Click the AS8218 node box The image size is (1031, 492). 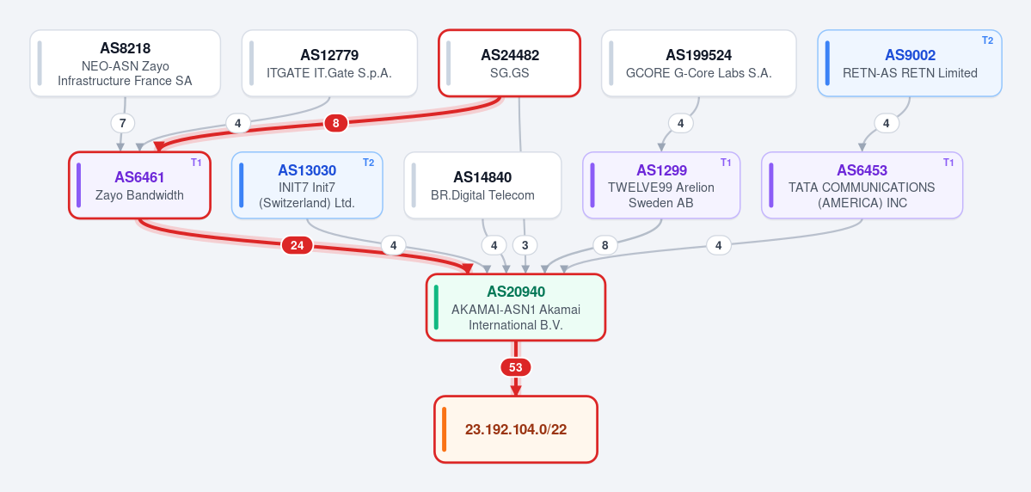coord(125,63)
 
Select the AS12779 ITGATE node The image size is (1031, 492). coord(329,63)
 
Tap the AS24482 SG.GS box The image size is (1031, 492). coord(510,63)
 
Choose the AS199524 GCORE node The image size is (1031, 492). coord(699,63)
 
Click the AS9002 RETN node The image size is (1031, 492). coord(910,63)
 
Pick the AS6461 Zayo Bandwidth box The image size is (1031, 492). coord(140,186)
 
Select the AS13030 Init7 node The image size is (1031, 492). coord(307,186)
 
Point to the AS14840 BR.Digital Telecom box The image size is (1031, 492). coord(482,186)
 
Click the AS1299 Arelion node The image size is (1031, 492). coord(661,186)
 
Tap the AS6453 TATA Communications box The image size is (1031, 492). coord(862,186)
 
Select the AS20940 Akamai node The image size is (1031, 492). coord(516,307)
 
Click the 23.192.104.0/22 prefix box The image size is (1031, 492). coord(516,429)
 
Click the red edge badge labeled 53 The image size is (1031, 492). coord(516,367)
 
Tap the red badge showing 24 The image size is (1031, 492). coord(298,245)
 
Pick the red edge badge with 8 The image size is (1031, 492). coord(336,123)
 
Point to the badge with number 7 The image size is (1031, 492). coord(122,123)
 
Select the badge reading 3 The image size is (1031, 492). coord(525,245)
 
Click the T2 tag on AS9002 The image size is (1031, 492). coord(988,40)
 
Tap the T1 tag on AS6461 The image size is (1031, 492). coord(196,163)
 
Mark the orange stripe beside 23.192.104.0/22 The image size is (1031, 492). coord(445,429)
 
